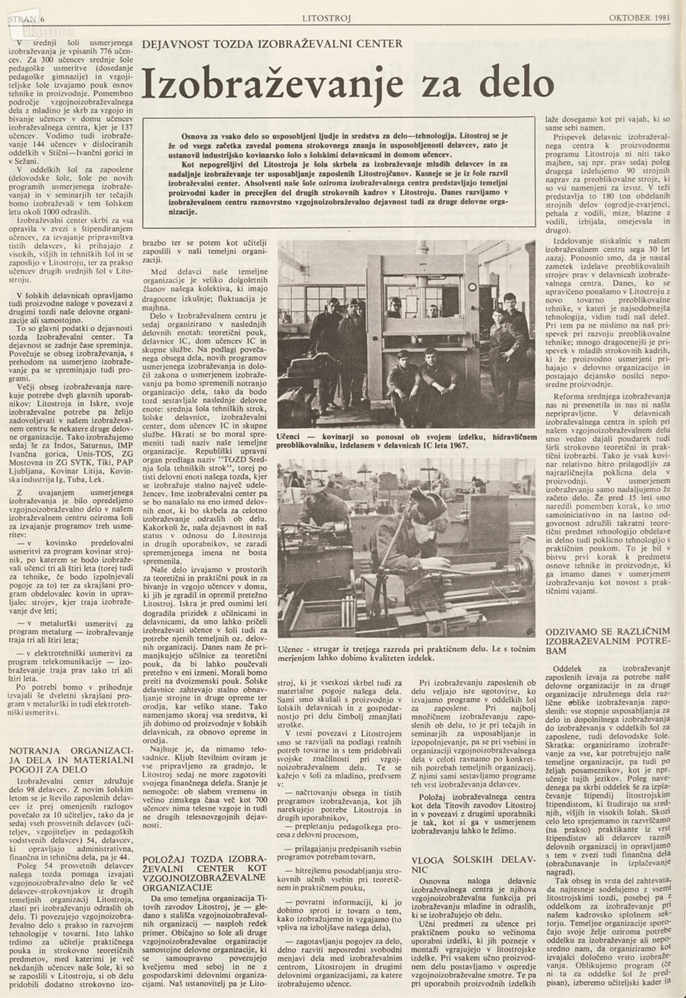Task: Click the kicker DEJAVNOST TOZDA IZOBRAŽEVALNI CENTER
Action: click(272, 45)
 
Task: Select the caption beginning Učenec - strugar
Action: click(405, 652)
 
